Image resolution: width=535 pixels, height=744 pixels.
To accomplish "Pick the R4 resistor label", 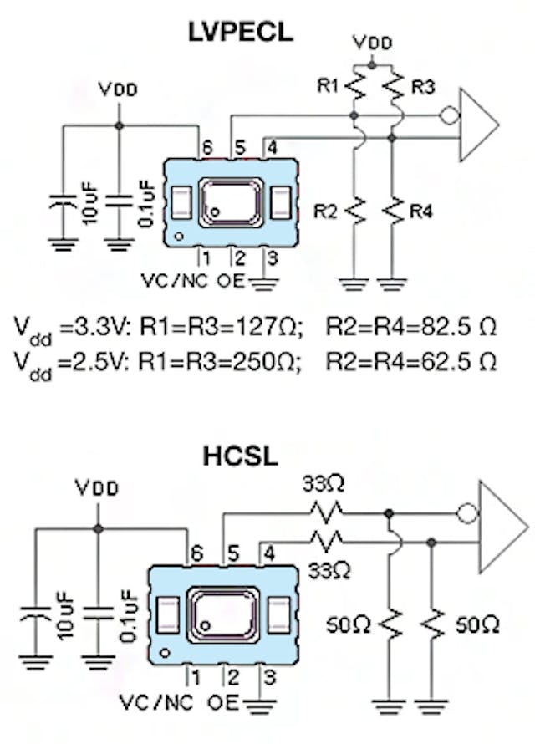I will pyautogui.click(x=421, y=211).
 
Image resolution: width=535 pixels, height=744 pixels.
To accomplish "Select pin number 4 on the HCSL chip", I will pyautogui.click(x=270, y=553).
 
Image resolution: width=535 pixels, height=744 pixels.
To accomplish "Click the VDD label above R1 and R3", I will pyautogui.click(x=370, y=42).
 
